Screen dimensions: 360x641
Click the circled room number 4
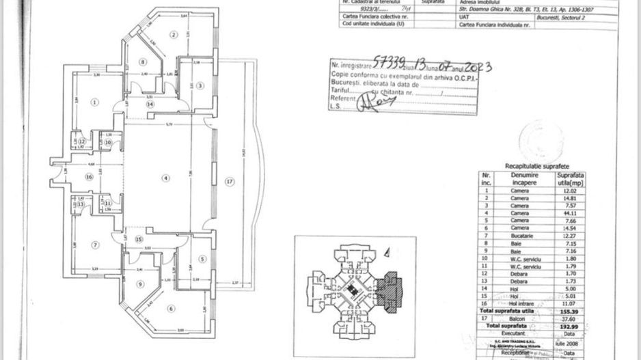click(x=164, y=178)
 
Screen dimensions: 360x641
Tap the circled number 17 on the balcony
click(x=230, y=181)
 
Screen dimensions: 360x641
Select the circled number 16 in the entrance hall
click(x=88, y=176)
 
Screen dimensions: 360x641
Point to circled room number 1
click(x=94, y=102)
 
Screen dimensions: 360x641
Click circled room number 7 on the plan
click(x=96, y=245)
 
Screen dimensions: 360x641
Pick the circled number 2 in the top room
click(x=174, y=35)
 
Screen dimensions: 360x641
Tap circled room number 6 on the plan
click(x=172, y=308)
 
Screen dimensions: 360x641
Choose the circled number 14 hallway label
click(x=149, y=104)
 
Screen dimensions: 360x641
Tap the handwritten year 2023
click(x=477, y=67)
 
